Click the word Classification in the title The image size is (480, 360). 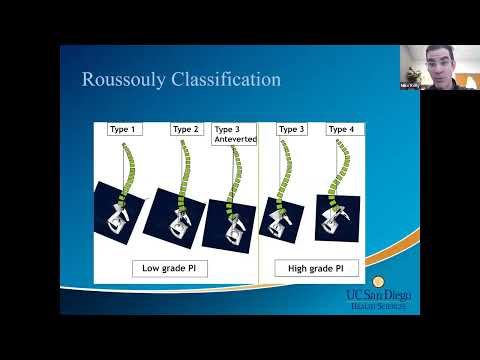tap(227, 79)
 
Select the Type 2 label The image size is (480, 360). tap(186, 129)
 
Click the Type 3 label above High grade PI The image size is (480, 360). tap(291, 129)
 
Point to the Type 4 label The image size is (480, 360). tap(341, 129)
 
